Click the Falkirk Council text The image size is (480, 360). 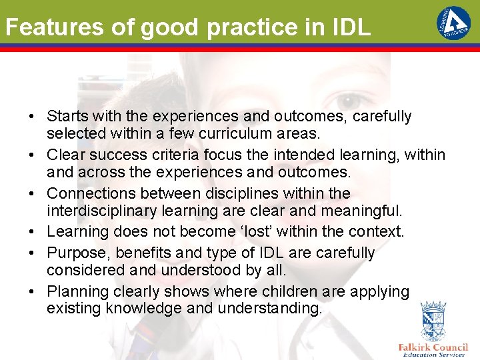pyautogui.click(x=433, y=347)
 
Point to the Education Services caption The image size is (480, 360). pyautogui.click(x=434, y=355)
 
